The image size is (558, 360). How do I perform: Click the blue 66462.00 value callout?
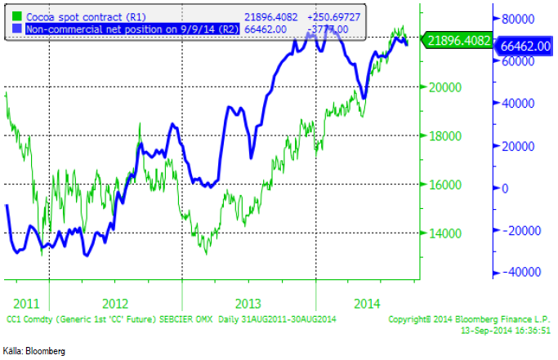[x=523, y=46]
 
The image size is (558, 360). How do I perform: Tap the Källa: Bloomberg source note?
[x=34, y=350]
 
